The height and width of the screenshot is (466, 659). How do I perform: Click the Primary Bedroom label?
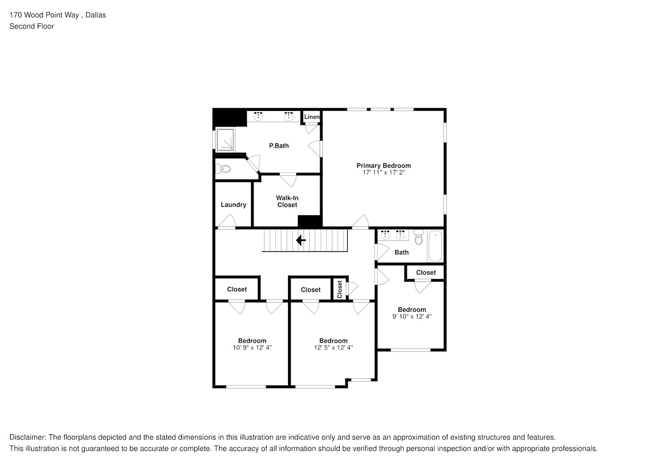pyautogui.click(x=384, y=165)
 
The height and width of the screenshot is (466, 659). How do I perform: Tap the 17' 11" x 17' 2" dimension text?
pyautogui.click(x=384, y=173)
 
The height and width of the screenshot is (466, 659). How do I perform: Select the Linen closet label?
pyautogui.click(x=312, y=117)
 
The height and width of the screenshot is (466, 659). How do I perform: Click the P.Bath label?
pyautogui.click(x=279, y=145)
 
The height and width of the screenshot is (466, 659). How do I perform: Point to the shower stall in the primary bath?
pyautogui.click(x=225, y=140)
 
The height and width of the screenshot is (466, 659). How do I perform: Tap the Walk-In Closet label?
pyautogui.click(x=287, y=201)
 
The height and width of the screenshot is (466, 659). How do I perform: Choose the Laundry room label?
pyautogui.click(x=233, y=205)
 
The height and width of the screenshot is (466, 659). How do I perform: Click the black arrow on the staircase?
pyautogui.click(x=301, y=240)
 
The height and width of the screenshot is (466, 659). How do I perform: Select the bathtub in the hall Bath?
pyautogui.click(x=435, y=246)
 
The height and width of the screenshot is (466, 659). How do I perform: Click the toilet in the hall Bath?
pyautogui.click(x=419, y=237)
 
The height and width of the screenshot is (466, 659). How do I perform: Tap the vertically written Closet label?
pyautogui.click(x=340, y=289)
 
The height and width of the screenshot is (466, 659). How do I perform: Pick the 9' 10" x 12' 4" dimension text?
pyautogui.click(x=412, y=316)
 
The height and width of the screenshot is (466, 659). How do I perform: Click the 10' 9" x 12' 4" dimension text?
pyautogui.click(x=252, y=348)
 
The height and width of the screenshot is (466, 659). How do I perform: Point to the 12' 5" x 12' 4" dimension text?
pyautogui.click(x=333, y=348)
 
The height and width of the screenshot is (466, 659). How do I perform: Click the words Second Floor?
pyautogui.click(x=32, y=27)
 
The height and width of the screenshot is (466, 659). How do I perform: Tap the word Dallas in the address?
pyautogui.click(x=96, y=15)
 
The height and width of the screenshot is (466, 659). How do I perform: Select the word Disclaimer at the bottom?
pyautogui.click(x=28, y=437)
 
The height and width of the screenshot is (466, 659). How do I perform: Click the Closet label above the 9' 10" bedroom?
pyautogui.click(x=426, y=273)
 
